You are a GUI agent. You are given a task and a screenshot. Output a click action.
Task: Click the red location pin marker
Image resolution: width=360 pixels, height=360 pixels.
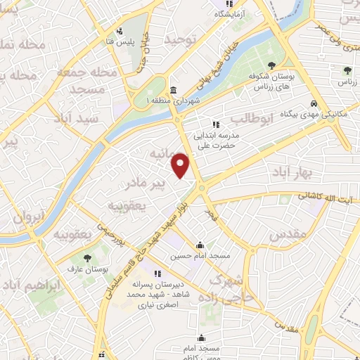181,165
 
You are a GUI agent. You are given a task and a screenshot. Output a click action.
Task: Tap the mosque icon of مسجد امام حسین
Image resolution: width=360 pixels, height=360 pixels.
201,245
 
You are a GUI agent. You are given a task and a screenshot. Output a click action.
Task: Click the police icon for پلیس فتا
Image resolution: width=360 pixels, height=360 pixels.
120,31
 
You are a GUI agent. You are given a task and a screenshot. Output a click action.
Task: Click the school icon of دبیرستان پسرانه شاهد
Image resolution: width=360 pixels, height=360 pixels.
158,274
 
